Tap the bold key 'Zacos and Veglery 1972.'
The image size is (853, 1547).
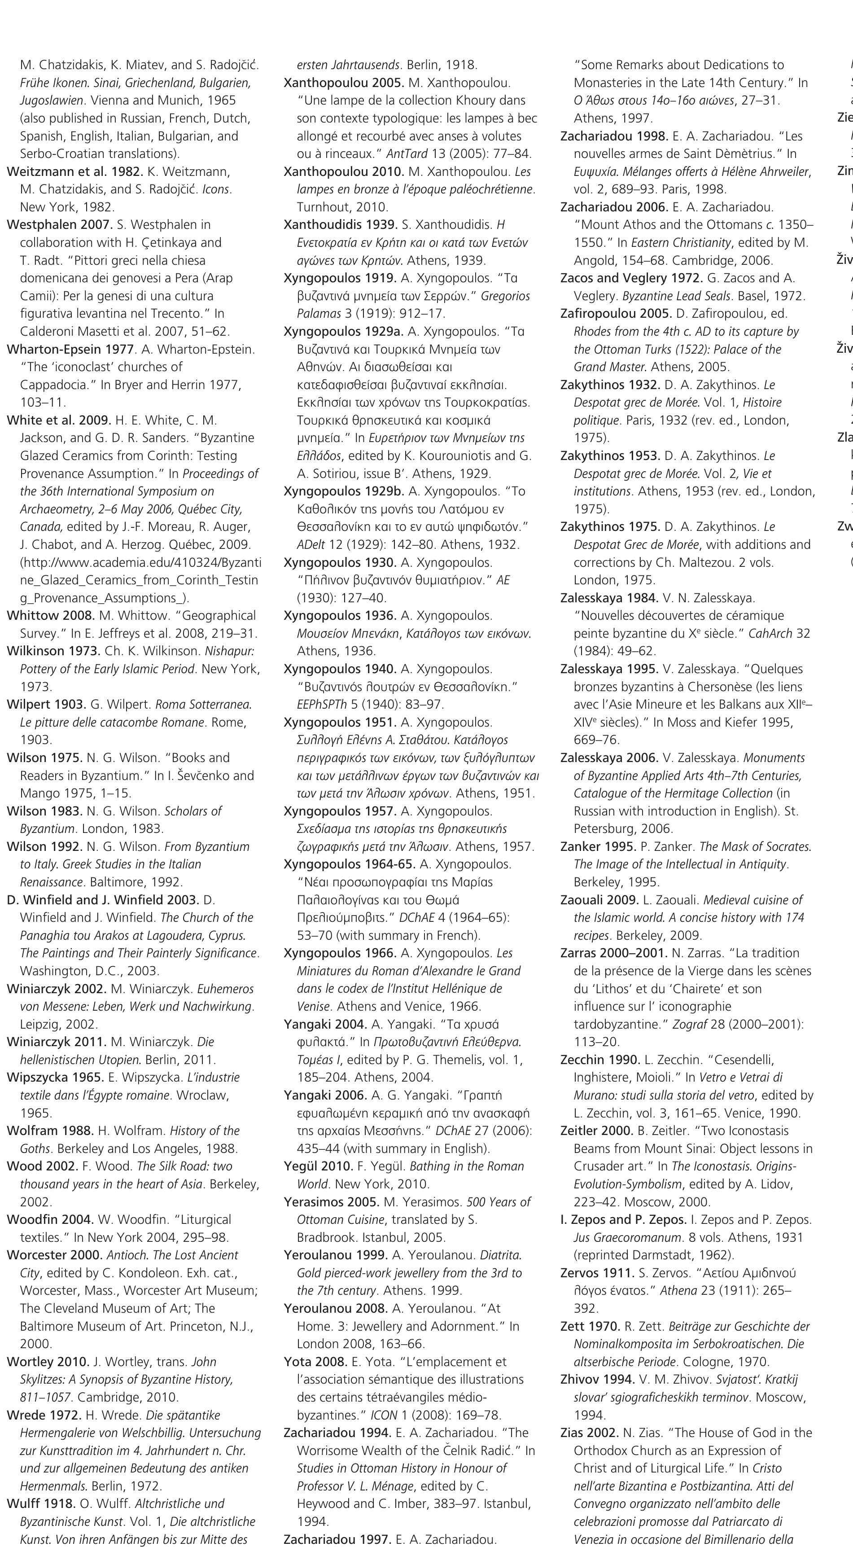click(624, 278)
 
